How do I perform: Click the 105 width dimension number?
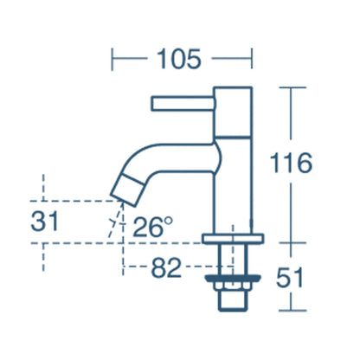tap(183, 59)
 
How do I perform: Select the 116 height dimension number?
tap(290, 163)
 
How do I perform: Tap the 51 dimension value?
tap(291, 279)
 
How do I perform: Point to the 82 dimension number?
tap(165, 268)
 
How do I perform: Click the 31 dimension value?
tap(45, 221)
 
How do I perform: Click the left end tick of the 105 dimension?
tap(114, 59)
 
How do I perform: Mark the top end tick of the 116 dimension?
tap(291, 88)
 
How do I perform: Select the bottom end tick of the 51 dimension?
tap(291, 310)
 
